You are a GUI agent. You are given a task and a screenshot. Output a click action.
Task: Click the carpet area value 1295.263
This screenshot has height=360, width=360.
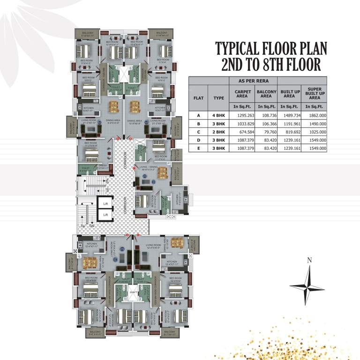click(x=242, y=115)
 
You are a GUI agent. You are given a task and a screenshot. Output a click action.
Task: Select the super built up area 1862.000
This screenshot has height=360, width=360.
click(x=315, y=115)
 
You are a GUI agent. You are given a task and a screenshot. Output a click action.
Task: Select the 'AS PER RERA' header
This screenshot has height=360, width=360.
click(x=254, y=80)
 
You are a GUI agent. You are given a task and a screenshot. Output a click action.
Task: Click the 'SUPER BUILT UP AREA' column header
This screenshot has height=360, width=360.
click(x=315, y=93)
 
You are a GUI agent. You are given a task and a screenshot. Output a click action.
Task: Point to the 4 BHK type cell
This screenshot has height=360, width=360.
click(x=219, y=115)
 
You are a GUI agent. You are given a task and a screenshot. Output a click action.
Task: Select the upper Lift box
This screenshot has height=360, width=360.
click(x=105, y=203)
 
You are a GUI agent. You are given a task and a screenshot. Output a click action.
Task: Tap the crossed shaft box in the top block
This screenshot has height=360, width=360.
click(x=123, y=75)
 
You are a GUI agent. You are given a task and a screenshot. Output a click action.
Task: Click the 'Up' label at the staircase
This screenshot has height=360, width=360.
click(x=82, y=226)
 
